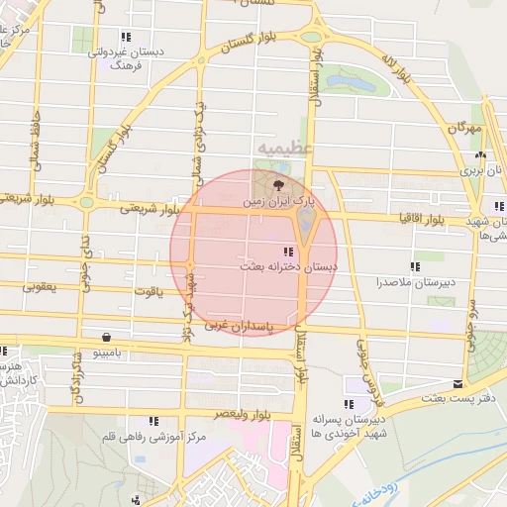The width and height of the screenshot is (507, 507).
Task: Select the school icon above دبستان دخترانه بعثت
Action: pos(288,253)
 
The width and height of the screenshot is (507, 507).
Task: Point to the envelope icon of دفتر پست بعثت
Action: pos(456,383)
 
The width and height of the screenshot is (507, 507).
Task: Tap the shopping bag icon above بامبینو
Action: pos(106,337)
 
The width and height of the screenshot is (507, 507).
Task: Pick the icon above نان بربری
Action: pos(480,155)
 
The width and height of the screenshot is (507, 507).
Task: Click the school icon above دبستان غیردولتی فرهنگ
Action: pos(123,37)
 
